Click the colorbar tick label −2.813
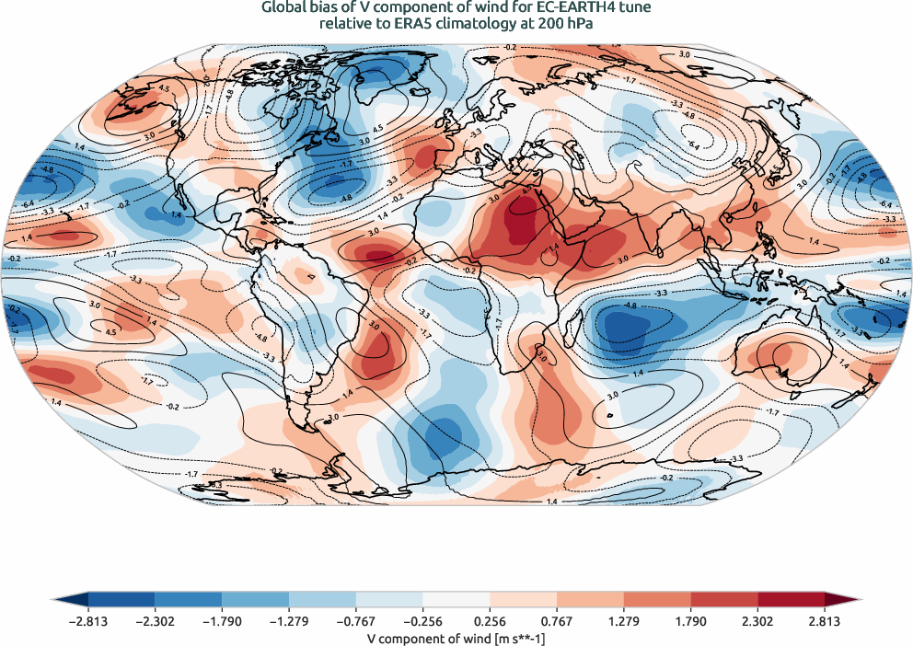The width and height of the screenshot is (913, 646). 88,621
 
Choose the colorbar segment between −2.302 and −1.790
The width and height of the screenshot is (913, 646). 189,599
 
